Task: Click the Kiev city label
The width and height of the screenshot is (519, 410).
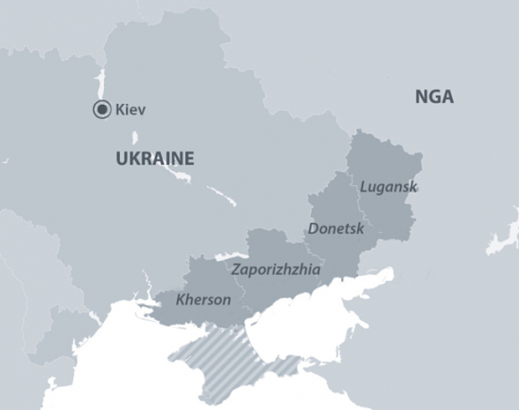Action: (x=131, y=110)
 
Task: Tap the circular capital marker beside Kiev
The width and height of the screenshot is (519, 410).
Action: (x=102, y=110)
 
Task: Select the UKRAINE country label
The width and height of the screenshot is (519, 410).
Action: (x=155, y=159)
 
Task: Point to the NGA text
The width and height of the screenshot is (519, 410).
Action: (x=434, y=97)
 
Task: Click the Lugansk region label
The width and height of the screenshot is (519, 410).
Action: (x=387, y=186)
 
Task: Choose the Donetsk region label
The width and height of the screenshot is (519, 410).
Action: (x=336, y=228)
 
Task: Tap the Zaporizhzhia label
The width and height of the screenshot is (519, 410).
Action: (x=275, y=269)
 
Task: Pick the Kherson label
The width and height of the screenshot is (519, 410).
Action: (x=203, y=299)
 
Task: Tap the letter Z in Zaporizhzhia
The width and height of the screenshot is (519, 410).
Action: (x=235, y=269)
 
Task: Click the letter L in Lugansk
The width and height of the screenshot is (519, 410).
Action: (x=363, y=186)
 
